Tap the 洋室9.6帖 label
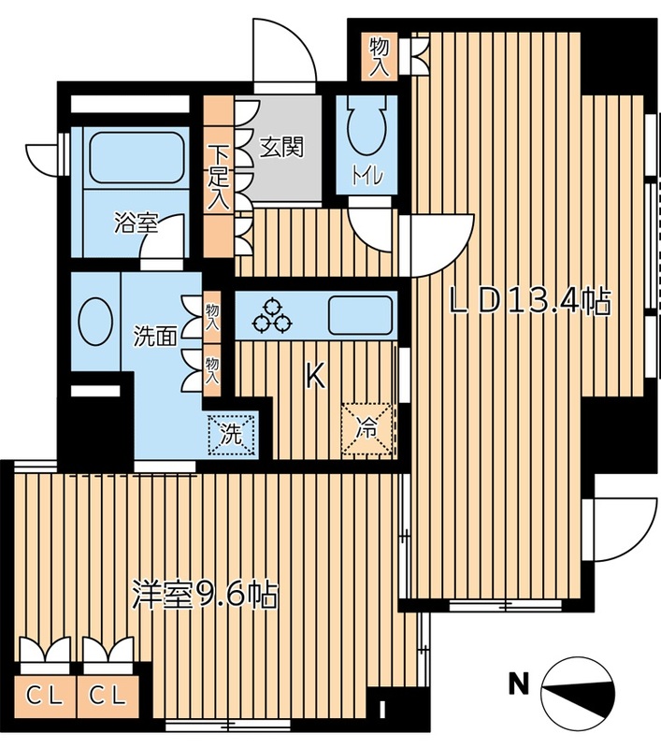point(205,596)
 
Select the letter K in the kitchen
point(315,377)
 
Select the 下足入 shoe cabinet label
point(217,176)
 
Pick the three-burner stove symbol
point(272,315)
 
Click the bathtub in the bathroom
point(137,159)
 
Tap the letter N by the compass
point(516,684)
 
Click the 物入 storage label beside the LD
point(379,56)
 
